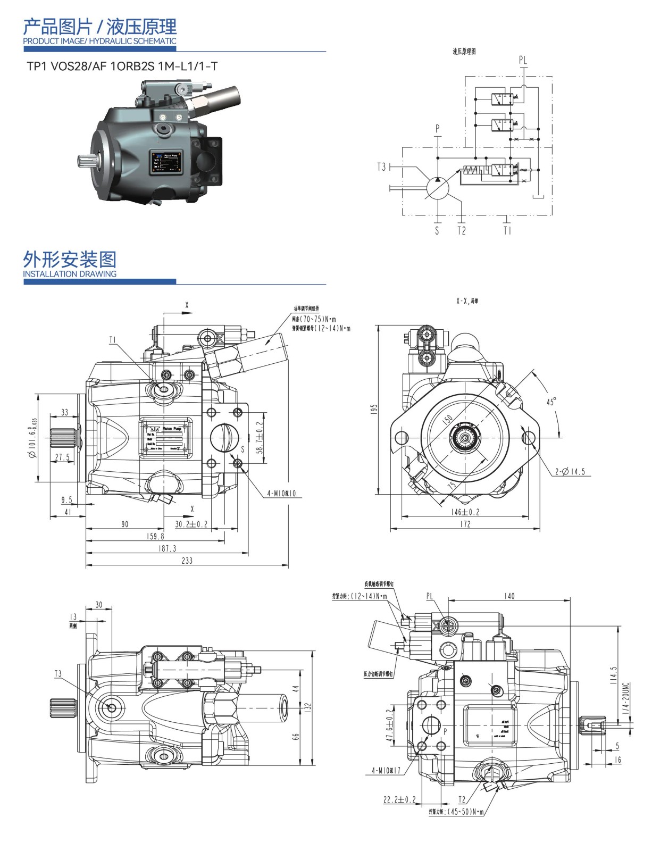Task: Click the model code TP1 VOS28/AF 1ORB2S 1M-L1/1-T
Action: click(122, 66)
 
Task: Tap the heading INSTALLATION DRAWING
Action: click(70, 274)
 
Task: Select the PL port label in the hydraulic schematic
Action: click(523, 60)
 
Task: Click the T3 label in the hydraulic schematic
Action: click(381, 167)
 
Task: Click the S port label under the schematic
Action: click(437, 231)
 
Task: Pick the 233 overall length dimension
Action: click(187, 560)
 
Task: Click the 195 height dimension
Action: click(374, 408)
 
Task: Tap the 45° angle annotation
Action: click(551, 402)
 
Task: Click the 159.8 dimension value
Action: click(155, 536)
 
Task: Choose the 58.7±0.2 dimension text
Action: click(259, 437)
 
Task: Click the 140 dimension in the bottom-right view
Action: click(509, 596)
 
